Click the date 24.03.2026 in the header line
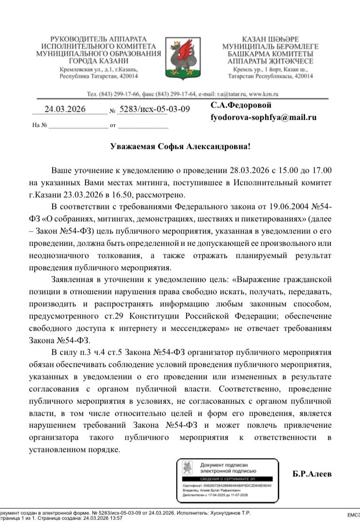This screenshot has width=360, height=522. point(65,109)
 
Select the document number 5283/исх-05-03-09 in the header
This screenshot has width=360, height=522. point(154,109)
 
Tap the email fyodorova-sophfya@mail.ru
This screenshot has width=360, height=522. point(263,117)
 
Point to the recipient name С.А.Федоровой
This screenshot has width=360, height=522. point(241,105)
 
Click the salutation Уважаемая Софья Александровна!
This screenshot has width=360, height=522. point(180,147)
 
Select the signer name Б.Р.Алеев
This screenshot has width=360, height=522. point(312,474)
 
